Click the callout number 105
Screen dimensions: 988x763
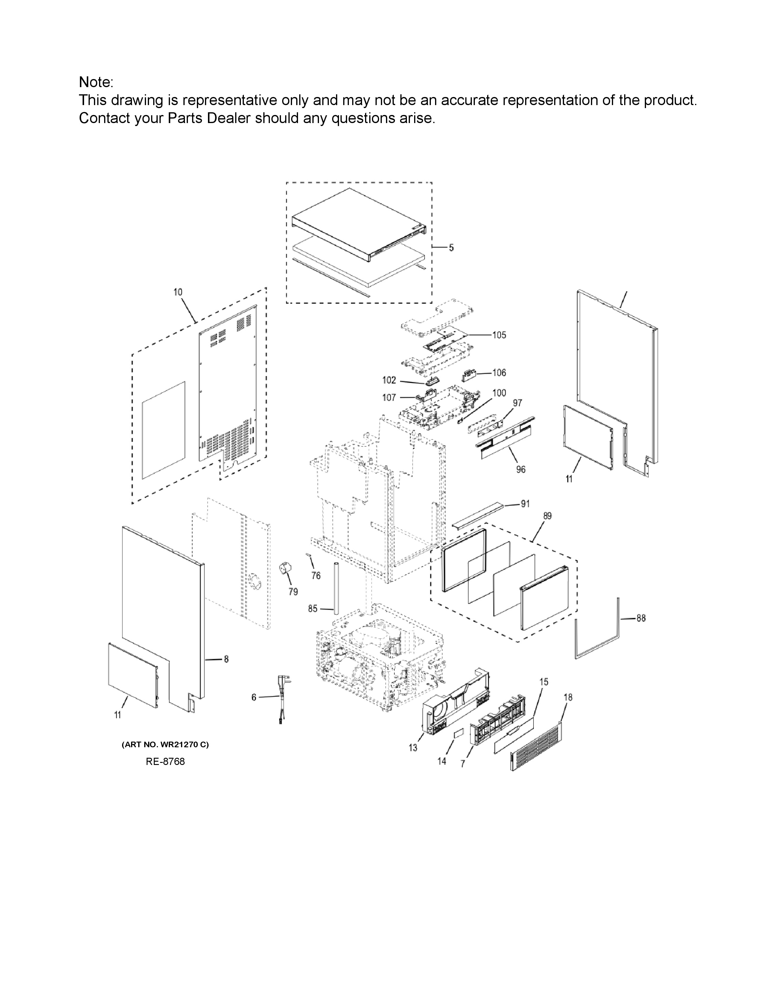click(x=499, y=335)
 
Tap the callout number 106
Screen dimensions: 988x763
click(x=499, y=373)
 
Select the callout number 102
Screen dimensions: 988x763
click(x=389, y=381)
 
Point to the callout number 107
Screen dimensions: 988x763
click(x=389, y=398)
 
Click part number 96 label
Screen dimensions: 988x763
click(x=521, y=469)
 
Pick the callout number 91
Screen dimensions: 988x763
click(x=525, y=504)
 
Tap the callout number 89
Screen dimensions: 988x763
click(x=547, y=516)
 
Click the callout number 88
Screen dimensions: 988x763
click(x=641, y=618)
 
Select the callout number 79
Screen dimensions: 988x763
click(x=293, y=592)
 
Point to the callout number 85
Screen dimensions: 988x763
click(x=313, y=609)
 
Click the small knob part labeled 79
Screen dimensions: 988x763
click(x=286, y=568)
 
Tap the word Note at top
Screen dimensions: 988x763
click(x=96, y=82)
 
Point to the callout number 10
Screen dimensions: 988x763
click(x=178, y=292)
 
